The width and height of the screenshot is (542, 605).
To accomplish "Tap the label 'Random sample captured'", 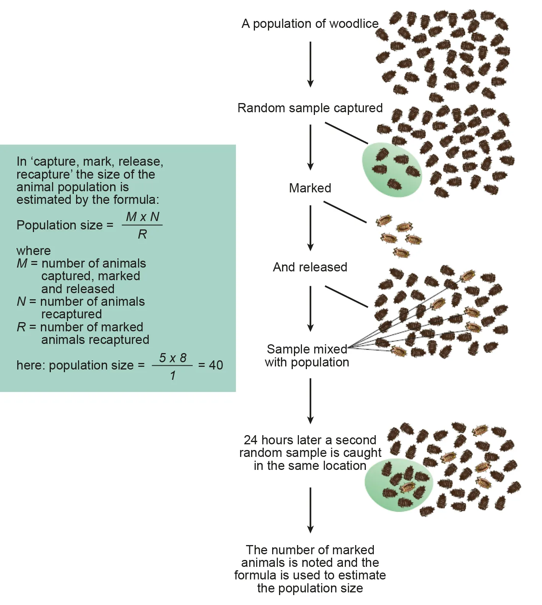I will (x=310, y=108).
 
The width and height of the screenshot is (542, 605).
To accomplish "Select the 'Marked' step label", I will (x=310, y=188).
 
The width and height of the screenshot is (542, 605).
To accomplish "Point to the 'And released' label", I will (x=310, y=267).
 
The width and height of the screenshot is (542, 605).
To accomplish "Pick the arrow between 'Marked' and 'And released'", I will (x=310, y=228).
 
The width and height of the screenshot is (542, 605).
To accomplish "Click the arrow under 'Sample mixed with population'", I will (x=310, y=401).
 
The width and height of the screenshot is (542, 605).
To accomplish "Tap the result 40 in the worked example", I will (x=216, y=365).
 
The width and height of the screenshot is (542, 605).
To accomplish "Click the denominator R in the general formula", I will (x=142, y=234).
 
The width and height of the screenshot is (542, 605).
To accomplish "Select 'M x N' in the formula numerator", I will (x=143, y=217).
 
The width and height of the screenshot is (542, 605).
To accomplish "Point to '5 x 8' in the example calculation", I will (x=173, y=358).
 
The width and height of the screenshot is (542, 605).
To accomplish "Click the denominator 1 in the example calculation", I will (x=173, y=376).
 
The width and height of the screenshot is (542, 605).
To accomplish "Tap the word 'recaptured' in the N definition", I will (x=71, y=314).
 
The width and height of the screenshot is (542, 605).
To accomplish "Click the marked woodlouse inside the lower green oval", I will (x=408, y=487).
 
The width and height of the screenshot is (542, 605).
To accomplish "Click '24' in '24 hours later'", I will (x=251, y=440).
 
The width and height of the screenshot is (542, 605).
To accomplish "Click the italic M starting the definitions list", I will (x=22, y=263).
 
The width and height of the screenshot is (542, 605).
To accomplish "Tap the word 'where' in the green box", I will (x=34, y=251).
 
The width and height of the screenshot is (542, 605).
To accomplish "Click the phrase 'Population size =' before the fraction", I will (x=65, y=225).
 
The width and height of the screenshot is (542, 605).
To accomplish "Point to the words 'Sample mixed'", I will (x=307, y=349).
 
